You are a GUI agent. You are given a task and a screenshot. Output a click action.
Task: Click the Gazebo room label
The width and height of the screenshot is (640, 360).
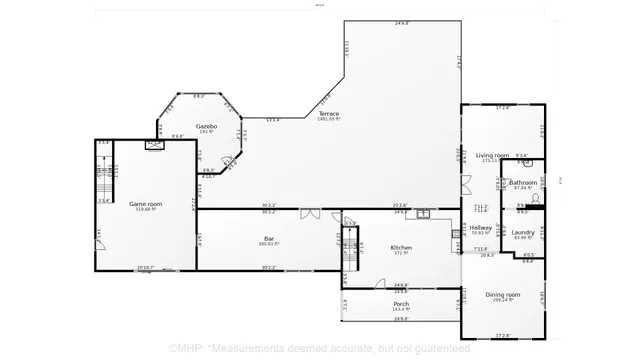(207, 127)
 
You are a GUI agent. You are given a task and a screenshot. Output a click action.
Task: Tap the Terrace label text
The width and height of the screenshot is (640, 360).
(329, 114)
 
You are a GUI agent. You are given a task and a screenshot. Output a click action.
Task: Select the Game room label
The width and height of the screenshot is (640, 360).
(146, 203)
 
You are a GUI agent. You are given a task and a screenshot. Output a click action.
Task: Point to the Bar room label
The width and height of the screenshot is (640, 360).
(269, 238)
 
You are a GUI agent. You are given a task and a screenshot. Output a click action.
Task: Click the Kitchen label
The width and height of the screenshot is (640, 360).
(402, 247)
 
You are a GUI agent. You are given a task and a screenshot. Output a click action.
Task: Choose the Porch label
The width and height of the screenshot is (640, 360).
(401, 304)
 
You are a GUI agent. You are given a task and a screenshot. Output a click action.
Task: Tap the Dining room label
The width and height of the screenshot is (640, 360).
(503, 294)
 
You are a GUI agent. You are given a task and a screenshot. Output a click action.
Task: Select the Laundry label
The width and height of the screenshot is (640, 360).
(524, 232)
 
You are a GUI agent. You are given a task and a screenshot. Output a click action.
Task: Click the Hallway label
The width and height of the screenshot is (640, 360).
(482, 228)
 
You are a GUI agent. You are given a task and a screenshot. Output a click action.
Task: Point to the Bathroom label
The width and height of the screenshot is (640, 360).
(523, 182)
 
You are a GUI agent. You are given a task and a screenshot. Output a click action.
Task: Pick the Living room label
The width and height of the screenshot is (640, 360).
(492, 155)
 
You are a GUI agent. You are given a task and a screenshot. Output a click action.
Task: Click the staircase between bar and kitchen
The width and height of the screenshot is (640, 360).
(349, 246)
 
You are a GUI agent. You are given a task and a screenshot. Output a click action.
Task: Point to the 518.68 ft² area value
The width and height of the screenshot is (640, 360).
(146, 209)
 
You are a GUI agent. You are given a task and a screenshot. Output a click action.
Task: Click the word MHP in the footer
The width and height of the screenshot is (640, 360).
(187, 349)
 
